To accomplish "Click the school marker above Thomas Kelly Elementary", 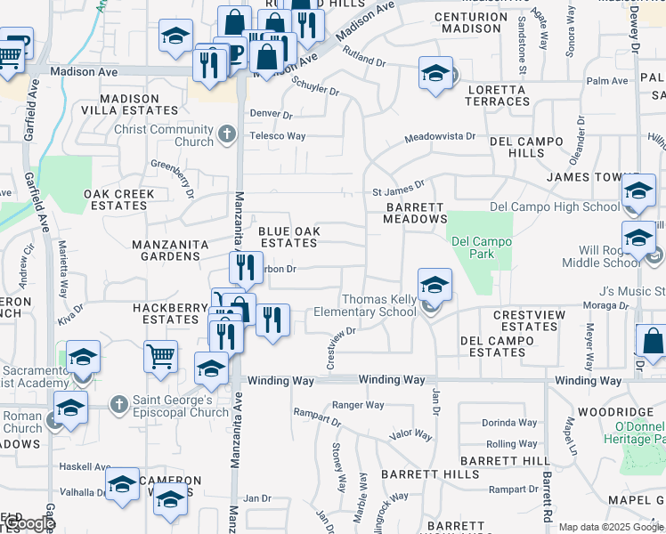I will pos(435,286).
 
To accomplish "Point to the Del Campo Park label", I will pos(482,247).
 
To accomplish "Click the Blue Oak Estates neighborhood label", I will pos(288,237).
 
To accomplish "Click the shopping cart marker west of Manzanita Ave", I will pos(160,356).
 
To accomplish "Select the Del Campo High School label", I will pos(555,207).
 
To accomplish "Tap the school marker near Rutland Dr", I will pos(435,73).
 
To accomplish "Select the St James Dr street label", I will pos(399,190).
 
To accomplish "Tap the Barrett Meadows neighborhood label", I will pos(416,213).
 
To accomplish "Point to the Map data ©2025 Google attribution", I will pos(610,527).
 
